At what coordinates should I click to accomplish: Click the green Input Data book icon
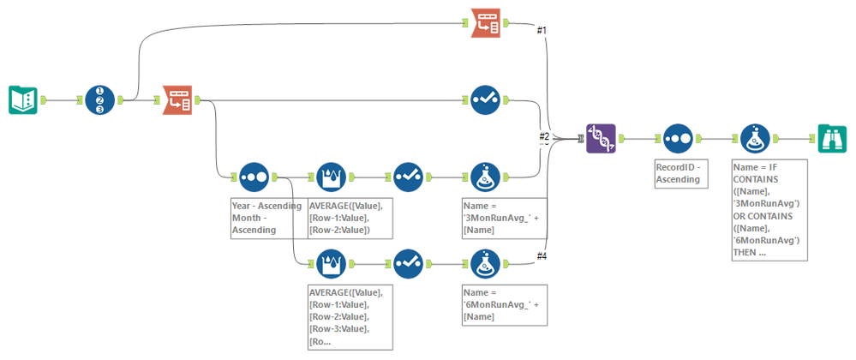point(23,100)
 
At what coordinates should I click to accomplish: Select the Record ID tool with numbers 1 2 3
point(99,100)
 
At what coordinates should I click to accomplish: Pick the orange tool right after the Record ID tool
point(177,100)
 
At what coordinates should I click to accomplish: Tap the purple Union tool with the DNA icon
point(601,138)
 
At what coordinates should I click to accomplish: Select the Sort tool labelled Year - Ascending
point(254,177)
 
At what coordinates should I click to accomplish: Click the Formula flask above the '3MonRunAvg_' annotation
point(486,177)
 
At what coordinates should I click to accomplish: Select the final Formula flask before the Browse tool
point(755,138)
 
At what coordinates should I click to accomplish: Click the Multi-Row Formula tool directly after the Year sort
point(332,177)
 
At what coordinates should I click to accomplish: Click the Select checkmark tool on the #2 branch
point(486,100)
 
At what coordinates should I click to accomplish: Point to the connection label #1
point(542,31)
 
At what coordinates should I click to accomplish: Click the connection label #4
point(542,255)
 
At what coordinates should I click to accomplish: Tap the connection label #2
point(543,136)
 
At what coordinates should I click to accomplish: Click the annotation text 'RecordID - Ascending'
point(680,174)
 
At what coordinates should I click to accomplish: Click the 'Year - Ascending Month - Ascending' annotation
point(266,218)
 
